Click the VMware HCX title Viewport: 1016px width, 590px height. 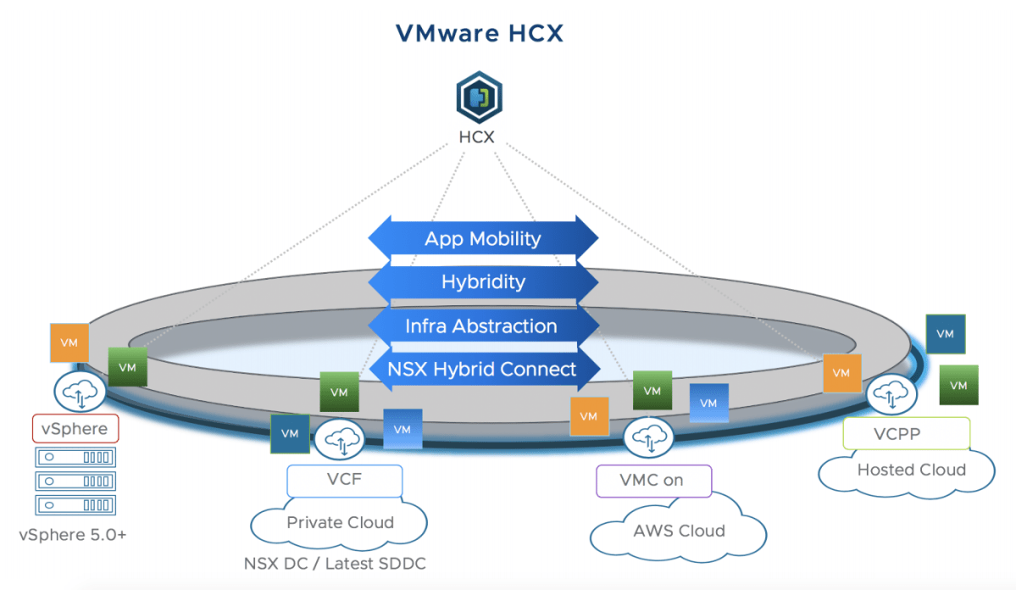(x=480, y=33)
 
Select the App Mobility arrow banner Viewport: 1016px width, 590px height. (x=482, y=238)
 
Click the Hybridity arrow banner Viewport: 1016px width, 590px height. (x=483, y=282)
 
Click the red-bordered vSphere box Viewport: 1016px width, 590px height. (x=75, y=428)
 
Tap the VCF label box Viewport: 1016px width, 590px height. (x=344, y=480)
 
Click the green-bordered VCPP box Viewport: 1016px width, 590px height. (x=906, y=433)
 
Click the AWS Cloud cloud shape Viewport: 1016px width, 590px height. (x=679, y=532)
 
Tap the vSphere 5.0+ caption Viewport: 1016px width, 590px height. (x=73, y=535)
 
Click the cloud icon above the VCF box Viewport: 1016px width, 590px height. (x=338, y=439)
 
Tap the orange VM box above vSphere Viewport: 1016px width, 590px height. (x=69, y=342)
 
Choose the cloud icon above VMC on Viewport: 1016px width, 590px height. (x=648, y=438)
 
